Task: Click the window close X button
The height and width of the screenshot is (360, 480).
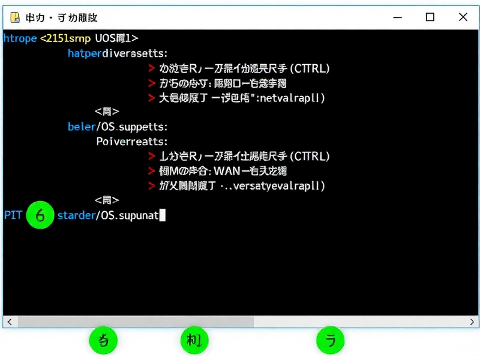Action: pos(463,17)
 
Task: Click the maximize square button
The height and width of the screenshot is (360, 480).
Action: pos(430,17)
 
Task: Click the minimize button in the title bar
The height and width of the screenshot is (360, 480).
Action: pos(397,17)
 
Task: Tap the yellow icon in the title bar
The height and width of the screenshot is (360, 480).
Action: pos(14,17)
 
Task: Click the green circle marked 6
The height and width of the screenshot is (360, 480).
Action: pos(40,215)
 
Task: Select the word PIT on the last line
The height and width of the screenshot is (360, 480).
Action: pos(13,215)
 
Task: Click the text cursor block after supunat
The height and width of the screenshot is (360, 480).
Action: pos(162,215)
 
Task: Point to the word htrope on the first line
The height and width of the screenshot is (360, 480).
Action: pos(19,38)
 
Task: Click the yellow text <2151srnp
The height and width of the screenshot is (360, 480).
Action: pos(65,38)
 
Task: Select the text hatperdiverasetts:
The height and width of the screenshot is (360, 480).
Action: pos(118,53)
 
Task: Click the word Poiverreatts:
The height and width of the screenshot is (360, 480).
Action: pos(131,142)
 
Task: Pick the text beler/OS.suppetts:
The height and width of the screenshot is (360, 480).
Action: pos(117,127)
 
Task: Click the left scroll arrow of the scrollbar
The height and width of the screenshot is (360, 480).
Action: pos(10,322)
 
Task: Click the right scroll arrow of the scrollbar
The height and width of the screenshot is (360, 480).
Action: pos(472,322)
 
